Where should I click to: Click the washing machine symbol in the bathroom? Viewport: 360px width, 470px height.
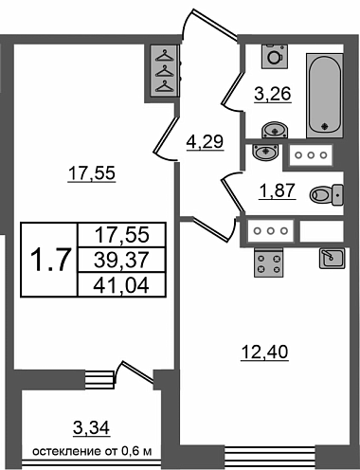coord(275,56)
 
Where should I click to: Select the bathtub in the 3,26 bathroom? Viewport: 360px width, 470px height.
coord(324,96)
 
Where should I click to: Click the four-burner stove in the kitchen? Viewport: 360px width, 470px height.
coord(269,262)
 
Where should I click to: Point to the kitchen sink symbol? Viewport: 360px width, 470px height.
coord(333,258)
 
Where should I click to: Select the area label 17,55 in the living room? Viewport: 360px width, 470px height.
coord(92,173)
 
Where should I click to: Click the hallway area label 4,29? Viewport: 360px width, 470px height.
coord(205,141)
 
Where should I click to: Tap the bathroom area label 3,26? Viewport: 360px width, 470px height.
coord(273,94)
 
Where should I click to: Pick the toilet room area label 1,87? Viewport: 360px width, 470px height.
coord(277,190)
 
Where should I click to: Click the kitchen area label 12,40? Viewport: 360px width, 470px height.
coord(264,352)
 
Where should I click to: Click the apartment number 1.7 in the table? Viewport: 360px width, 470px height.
coord(49,260)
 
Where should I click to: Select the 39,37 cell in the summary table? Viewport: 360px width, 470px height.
coord(121,260)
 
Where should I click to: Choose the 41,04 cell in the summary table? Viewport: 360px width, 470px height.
coord(121,285)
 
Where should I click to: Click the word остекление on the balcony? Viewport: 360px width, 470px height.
coord(67,451)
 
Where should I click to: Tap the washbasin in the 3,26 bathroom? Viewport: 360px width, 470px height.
coord(275,130)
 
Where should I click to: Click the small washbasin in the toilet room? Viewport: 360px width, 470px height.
coord(265,152)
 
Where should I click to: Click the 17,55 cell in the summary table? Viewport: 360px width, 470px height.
coord(121,235)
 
